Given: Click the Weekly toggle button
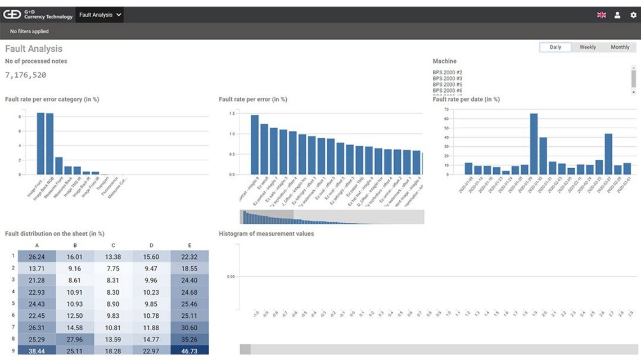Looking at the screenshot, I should tap(588, 47).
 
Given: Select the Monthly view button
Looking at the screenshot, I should tap(620, 47).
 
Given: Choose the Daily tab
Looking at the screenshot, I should tap(555, 47).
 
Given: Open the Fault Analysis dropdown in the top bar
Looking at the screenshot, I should tap(100, 15).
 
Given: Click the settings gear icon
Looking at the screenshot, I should tap(633, 15).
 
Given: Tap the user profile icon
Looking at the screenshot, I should tap(617, 15).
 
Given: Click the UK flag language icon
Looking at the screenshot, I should tap(601, 15).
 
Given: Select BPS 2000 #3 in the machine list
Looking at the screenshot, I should tap(448, 78).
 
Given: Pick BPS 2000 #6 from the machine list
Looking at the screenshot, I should tap(448, 91).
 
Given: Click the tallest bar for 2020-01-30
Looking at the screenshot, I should tap(534, 144).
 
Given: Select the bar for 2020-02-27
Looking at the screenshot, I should tap(608, 154).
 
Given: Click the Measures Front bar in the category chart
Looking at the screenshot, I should tap(59, 165).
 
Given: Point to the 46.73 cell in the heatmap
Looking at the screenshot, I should tap(189, 350).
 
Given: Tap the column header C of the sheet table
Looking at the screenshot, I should tap(113, 245).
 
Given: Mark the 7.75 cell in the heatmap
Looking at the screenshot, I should tap(113, 269).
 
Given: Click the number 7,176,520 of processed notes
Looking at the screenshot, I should tap(26, 75).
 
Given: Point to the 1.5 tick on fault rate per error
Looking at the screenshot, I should tap(231, 113).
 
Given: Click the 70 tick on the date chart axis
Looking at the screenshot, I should tap(446, 110).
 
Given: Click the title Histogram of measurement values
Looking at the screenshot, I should tap(266, 233).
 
